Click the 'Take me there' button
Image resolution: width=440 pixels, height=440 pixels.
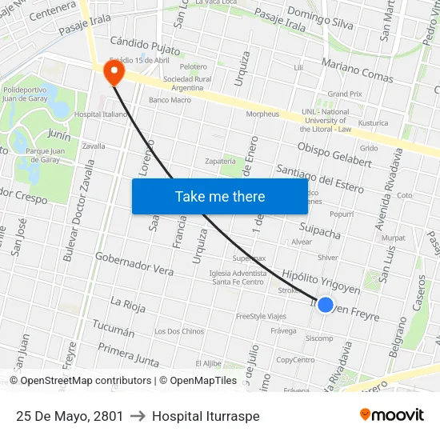point(220,196)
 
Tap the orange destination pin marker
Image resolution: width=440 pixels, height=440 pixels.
point(114,74)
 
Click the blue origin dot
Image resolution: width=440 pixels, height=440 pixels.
point(325,305)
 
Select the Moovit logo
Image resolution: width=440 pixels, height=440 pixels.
point(391,415)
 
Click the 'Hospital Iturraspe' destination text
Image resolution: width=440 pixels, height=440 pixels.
point(206,416)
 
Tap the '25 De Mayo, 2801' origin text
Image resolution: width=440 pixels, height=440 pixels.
point(70,416)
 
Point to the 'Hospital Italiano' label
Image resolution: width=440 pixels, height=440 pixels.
point(101,114)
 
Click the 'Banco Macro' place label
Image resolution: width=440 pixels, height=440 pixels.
point(170,100)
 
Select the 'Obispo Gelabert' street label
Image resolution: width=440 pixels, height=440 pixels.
point(334,154)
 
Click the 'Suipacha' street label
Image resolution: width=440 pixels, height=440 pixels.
point(319,231)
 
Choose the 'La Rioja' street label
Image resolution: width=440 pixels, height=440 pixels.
point(127,303)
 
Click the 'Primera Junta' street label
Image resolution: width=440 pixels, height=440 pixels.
point(128,354)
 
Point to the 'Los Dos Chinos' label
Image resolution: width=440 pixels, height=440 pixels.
point(179,331)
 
